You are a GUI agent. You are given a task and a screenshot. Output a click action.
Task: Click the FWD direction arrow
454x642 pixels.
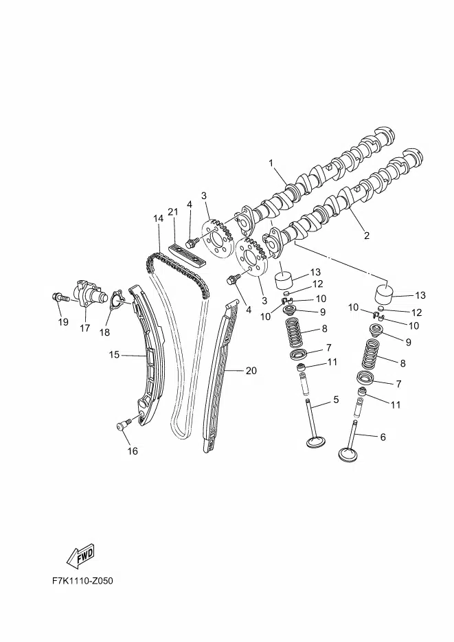pyautogui.click(x=80, y=555)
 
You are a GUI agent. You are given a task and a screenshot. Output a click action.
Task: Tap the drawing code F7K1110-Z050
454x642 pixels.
pyautogui.click(x=82, y=581)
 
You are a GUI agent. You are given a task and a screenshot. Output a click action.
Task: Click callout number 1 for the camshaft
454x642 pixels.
pyautogui.click(x=271, y=163)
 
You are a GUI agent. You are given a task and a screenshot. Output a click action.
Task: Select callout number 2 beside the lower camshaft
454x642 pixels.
pyautogui.click(x=367, y=236)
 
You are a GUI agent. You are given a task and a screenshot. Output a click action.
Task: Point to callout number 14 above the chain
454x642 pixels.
pyautogui.click(x=159, y=218)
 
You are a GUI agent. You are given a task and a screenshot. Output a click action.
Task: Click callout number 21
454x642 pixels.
pyautogui.click(x=173, y=211)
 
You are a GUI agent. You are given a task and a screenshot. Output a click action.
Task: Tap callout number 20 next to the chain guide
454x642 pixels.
pyautogui.click(x=251, y=371)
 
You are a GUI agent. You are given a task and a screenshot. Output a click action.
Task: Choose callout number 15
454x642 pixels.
pyautogui.click(x=114, y=354)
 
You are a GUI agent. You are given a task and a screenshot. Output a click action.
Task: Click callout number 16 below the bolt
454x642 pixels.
pyautogui.click(x=133, y=451)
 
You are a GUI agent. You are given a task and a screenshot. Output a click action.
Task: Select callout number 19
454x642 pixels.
pyautogui.click(x=63, y=322)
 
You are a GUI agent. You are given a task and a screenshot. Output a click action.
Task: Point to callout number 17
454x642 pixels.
pyautogui.click(x=84, y=328)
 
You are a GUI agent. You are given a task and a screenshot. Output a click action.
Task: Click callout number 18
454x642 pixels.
pyautogui.click(x=105, y=332)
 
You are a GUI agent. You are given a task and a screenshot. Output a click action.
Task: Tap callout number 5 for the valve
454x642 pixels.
pyautogui.click(x=336, y=400)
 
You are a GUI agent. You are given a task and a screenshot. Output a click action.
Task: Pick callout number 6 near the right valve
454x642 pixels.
pyautogui.click(x=383, y=437)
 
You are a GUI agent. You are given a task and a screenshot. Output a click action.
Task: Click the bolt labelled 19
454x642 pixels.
pyautogui.click(x=59, y=297)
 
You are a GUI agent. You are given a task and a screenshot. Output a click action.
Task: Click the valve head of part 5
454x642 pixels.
pyautogui.click(x=317, y=442)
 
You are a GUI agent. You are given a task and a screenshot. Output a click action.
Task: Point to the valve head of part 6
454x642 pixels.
pyautogui.click(x=349, y=455)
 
